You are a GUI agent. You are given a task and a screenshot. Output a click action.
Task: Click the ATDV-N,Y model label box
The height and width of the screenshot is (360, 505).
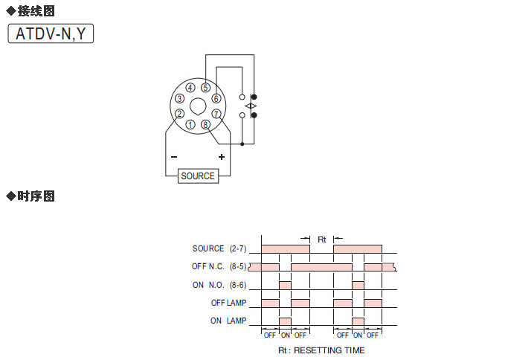click(51, 33)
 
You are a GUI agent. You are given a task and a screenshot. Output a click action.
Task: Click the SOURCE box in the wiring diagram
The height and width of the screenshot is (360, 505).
click(198, 176)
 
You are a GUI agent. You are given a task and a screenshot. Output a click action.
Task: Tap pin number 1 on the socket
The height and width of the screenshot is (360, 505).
click(191, 124)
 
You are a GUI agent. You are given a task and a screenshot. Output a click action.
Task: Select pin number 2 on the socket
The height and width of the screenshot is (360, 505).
click(179, 114)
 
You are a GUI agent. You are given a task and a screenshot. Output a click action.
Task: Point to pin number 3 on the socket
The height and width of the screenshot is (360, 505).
click(179, 98)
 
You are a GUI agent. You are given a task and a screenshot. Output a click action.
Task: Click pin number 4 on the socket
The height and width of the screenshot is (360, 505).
click(190, 88)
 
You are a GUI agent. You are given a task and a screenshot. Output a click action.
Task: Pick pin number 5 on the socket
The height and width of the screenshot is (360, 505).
click(205, 88)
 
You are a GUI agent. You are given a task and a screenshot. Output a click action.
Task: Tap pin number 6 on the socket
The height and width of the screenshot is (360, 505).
click(216, 98)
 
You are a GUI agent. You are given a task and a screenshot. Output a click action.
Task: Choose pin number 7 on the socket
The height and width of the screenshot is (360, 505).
click(216, 114)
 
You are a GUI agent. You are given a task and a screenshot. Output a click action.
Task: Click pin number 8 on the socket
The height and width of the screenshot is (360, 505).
click(205, 124)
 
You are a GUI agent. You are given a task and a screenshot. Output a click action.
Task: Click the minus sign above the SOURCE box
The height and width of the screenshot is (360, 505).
click(174, 157)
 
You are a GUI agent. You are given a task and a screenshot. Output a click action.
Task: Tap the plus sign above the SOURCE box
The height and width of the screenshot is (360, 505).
click(221, 157)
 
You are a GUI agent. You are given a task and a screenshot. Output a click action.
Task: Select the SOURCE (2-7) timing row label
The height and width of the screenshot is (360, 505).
click(219, 248)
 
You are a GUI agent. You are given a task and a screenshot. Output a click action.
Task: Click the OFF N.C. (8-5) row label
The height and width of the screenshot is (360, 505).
click(219, 266)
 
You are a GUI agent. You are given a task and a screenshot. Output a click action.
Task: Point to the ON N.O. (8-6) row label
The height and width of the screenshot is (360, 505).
click(219, 285)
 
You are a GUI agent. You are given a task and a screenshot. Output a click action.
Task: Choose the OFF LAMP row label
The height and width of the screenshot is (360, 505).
click(228, 303)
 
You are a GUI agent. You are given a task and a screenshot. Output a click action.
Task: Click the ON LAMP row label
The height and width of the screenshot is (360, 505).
click(228, 321)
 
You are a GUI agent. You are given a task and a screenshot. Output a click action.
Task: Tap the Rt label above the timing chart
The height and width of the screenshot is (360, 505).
click(322, 240)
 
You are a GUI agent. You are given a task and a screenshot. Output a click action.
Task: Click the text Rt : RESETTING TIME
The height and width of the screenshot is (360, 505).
click(321, 350)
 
